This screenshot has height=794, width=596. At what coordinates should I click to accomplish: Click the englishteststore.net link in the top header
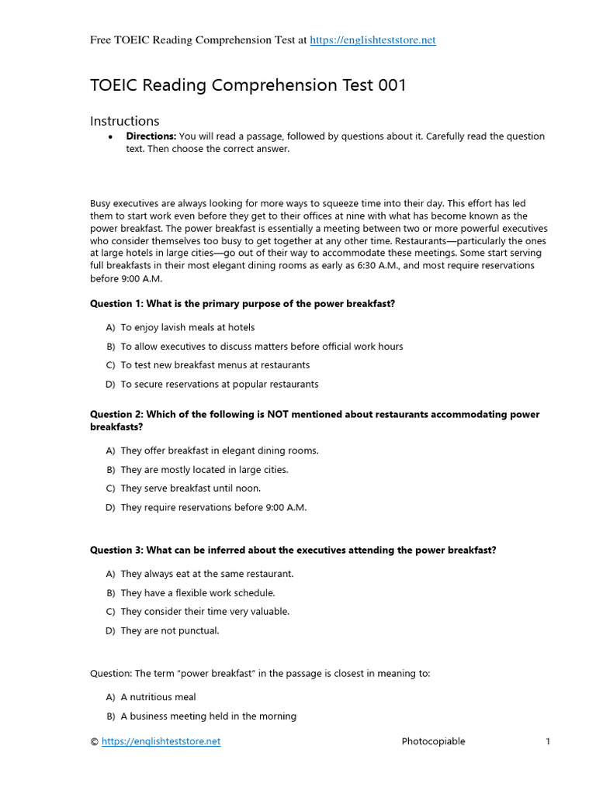point(372,40)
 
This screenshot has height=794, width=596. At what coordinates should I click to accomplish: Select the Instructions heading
point(125,121)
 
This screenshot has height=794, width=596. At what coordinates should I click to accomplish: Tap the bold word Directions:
point(151,136)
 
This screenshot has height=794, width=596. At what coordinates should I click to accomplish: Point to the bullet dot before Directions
point(111,137)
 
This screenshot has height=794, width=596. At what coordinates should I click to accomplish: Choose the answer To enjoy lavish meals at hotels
point(187,328)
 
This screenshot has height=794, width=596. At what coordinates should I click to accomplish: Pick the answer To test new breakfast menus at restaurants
point(215,365)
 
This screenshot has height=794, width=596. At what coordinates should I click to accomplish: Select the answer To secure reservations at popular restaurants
point(219,385)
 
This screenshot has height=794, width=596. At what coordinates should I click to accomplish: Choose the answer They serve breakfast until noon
point(191,488)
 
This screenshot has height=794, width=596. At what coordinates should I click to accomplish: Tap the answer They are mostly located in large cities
point(204,470)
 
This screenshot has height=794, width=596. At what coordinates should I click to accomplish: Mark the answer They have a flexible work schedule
point(198,593)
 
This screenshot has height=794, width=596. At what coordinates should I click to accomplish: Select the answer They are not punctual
point(170,631)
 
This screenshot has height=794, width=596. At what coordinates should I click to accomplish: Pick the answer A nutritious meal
point(158,697)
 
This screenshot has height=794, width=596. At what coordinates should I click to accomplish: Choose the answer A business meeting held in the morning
point(208,716)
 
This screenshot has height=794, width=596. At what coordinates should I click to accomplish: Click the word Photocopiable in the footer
point(433,741)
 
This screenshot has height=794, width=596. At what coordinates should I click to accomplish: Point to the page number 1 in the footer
point(548,741)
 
